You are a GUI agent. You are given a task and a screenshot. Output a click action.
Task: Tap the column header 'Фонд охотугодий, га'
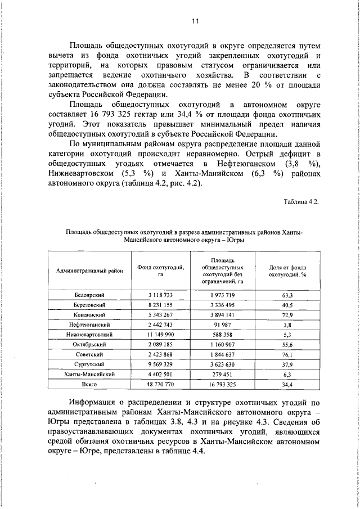coord(160,271)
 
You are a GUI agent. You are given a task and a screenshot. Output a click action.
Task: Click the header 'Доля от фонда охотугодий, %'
coord(287,271)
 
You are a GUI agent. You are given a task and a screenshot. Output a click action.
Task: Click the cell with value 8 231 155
coord(160,305)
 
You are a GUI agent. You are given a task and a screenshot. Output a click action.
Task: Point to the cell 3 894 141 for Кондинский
coord(223,315)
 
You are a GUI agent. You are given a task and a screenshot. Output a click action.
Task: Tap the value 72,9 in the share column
coord(287,315)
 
